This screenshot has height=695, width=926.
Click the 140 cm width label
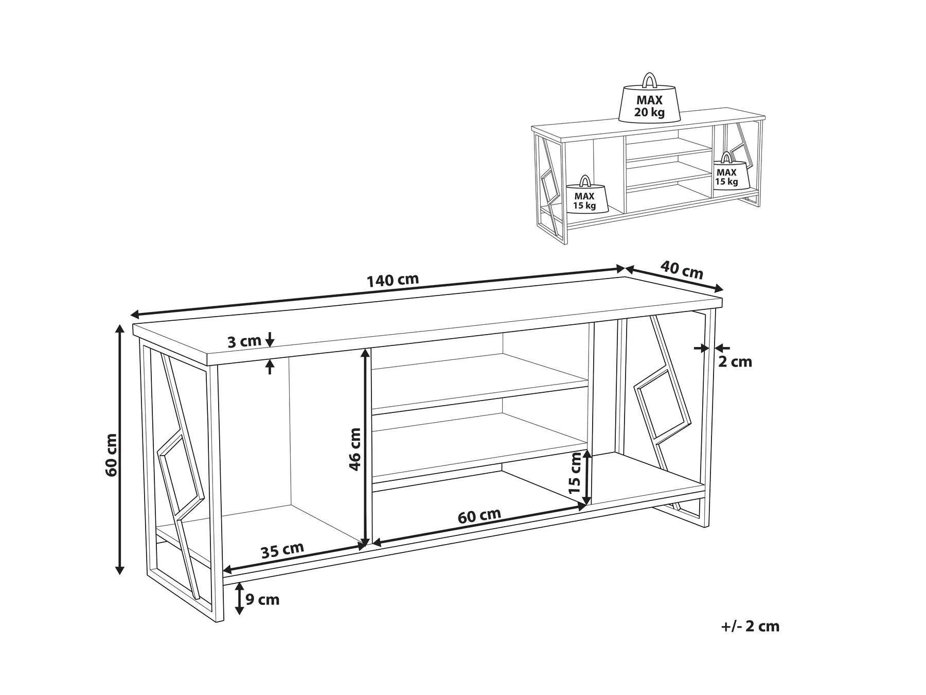[393, 280]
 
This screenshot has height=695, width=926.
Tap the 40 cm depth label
[681, 270]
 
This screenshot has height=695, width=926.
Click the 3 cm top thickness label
[244, 341]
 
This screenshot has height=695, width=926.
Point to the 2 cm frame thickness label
[735, 362]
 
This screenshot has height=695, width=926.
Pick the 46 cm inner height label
[355, 449]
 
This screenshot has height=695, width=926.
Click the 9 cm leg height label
[262, 599]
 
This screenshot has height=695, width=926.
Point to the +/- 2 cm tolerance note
[750, 627]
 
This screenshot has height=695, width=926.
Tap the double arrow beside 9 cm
[239, 599]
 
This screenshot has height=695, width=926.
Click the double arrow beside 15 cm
[589, 478]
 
